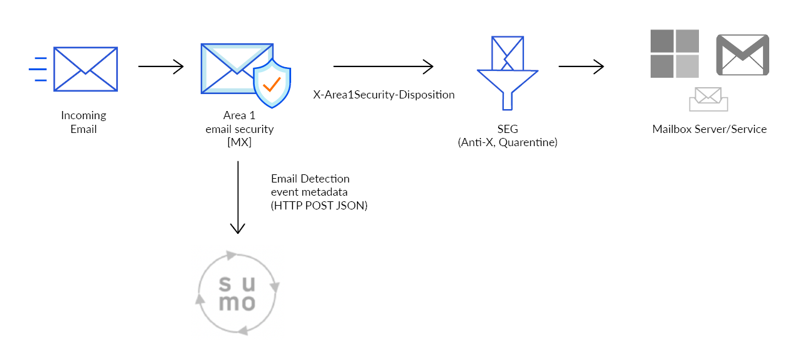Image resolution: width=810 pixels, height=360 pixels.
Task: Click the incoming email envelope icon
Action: [85, 70]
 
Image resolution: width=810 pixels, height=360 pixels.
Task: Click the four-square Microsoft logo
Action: [674, 53]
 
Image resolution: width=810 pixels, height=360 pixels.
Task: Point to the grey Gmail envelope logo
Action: [743, 56]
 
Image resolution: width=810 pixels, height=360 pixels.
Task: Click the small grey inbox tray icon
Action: [708, 99]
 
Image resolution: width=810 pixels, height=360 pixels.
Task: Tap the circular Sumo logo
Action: [238, 292]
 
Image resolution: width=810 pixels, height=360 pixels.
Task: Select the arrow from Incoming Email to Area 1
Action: [161, 66]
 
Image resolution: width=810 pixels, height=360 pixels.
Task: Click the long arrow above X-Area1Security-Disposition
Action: [383, 66]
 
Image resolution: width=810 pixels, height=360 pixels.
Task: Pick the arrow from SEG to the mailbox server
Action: [581, 66]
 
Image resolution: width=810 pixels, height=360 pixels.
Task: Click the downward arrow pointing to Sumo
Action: [238, 198]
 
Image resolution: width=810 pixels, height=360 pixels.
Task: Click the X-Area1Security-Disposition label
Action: [383, 95]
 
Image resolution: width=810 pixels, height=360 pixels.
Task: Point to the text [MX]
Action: [239, 143]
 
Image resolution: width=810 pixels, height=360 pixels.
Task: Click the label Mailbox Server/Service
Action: [709, 130]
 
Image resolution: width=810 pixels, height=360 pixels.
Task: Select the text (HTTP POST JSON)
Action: [319, 205]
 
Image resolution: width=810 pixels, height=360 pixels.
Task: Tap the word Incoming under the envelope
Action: [83, 115]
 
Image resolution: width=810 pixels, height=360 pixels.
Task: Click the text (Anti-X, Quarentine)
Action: [508, 142]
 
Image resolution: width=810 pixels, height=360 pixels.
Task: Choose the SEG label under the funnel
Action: [508, 129]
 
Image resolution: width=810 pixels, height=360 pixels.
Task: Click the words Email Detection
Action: [310, 179]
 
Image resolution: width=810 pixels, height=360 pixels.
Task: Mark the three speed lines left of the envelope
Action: [38, 69]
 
